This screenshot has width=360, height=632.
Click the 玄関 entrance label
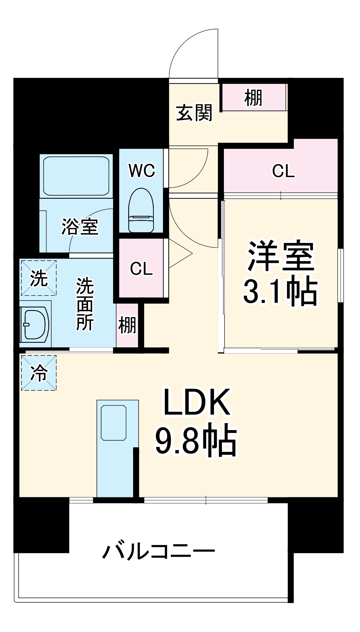pyautogui.click(x=194, y=113)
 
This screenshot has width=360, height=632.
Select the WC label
pyautogui.click(x=142, y=171)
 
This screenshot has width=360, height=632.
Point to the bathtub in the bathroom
pyautogui.click(x=76, y=176)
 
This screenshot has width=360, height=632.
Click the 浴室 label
pyautogui.click(x=80, y=227)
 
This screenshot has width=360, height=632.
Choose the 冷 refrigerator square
pyautogui.click(x=39, y=373)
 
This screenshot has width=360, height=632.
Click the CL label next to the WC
pyautogui.click(x=141, y=269)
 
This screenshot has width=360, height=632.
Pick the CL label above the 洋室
pyautogui.click(x=283, y=171)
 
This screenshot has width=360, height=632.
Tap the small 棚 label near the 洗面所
pyautogui.click(x=127, y=325)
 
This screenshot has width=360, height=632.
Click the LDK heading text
pyautogui.click(x=196, y=402)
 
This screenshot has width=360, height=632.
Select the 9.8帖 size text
pyautogui.click(x=196, y=441)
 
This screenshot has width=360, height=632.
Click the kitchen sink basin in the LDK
pyautogui.click(x=113, y=423)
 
